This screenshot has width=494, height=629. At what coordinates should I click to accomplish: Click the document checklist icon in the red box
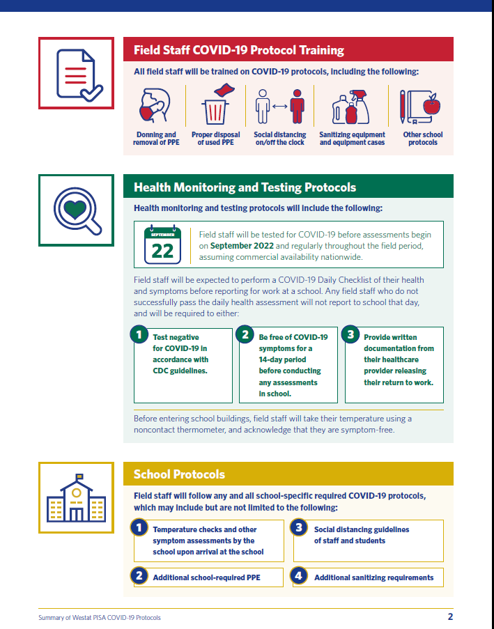(x=76, y=74)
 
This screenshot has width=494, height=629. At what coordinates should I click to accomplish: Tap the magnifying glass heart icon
(x=76, y=211)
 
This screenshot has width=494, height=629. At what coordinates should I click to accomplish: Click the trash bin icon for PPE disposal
(x=215, y=106)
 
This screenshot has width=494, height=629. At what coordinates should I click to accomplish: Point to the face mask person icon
(x=155, y=106)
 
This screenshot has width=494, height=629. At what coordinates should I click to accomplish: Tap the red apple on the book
(x=432, y=106)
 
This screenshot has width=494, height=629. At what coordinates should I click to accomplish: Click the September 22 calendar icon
(x=162, y=244)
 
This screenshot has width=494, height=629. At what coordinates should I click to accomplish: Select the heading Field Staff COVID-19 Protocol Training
(x=238, y=50)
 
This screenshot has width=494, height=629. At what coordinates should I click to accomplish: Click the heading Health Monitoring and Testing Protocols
(x=245, y=187)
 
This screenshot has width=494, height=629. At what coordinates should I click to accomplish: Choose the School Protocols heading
(x=179, y=474)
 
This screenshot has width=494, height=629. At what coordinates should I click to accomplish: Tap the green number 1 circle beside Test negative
(x=140, y=335)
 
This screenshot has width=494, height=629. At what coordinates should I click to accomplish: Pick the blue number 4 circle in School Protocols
(x=300, y=576)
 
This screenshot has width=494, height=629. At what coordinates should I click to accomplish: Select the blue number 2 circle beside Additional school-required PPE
(x=140, y=576)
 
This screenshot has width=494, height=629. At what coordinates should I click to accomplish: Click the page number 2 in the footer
(x=450, y=616)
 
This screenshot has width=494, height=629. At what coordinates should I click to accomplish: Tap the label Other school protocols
(x=422, y=139)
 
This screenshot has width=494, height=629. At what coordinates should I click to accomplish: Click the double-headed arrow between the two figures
(x=280, y=106)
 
